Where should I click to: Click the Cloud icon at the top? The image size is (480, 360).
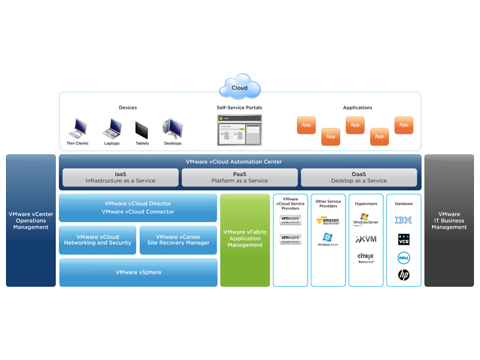click(239, 88)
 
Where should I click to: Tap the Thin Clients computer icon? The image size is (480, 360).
click(77, 128)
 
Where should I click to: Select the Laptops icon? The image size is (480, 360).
click(112, 128)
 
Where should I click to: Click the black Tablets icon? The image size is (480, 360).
click(142, 130)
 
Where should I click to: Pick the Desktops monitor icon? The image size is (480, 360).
click(173, 128)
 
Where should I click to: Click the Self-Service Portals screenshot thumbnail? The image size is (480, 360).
click(239, 130)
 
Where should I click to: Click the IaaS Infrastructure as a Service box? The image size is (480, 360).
click(120, 177)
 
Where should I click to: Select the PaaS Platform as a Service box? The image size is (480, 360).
click(240, 177)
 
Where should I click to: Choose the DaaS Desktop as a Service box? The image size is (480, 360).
click(359, 177)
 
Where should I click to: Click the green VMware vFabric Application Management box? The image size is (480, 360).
click(245, 240)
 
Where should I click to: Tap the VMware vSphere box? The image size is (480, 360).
click(138, 272)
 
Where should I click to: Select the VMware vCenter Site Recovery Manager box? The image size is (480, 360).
click(178, 240)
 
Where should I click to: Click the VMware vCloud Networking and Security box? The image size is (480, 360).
click(98, 240)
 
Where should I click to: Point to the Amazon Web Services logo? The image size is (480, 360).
click(328, 221)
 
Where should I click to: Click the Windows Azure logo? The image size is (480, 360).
click(328, 240)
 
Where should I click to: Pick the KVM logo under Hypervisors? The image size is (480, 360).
click(365, 239)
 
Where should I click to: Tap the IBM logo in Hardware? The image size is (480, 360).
click(403, 221)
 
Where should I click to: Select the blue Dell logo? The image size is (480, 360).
click(403, 258)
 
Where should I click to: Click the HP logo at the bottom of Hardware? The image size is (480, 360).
click(403, 275)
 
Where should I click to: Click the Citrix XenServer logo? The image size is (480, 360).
click(365, 258)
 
